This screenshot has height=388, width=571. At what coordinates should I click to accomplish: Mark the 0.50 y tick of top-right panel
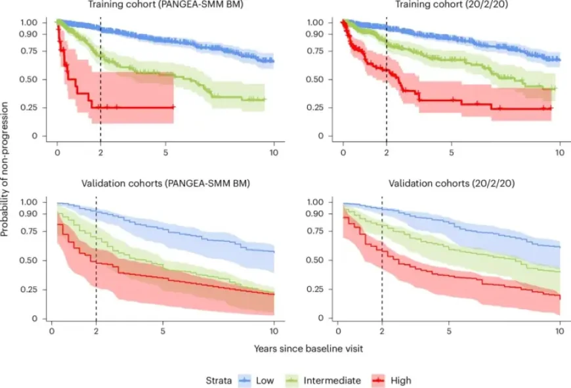coord(317,79)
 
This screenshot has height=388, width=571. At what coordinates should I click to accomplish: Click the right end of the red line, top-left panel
coord(174,106)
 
